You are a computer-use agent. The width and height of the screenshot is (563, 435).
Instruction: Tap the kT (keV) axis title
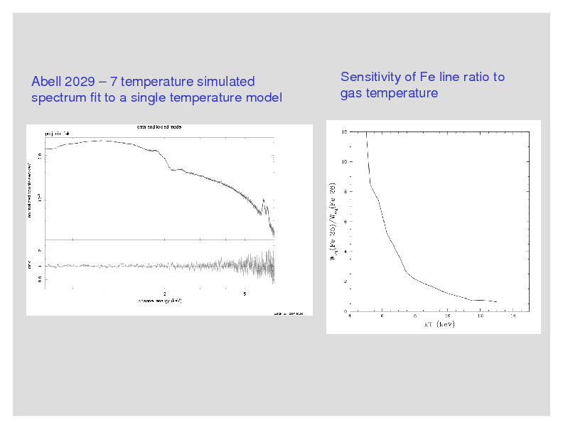[439, 324]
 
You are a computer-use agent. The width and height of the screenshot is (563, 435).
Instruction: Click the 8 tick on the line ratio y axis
[344, 192]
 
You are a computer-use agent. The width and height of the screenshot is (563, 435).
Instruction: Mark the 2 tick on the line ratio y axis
[344, 281]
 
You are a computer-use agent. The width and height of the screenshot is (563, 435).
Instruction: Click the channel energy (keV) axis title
[160, 301]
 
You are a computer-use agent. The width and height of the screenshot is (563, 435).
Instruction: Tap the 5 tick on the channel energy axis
[245, 293]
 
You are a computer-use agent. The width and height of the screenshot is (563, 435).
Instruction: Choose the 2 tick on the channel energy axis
[165, 293]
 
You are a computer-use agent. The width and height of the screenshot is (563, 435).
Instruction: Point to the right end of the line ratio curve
[496, 302]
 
